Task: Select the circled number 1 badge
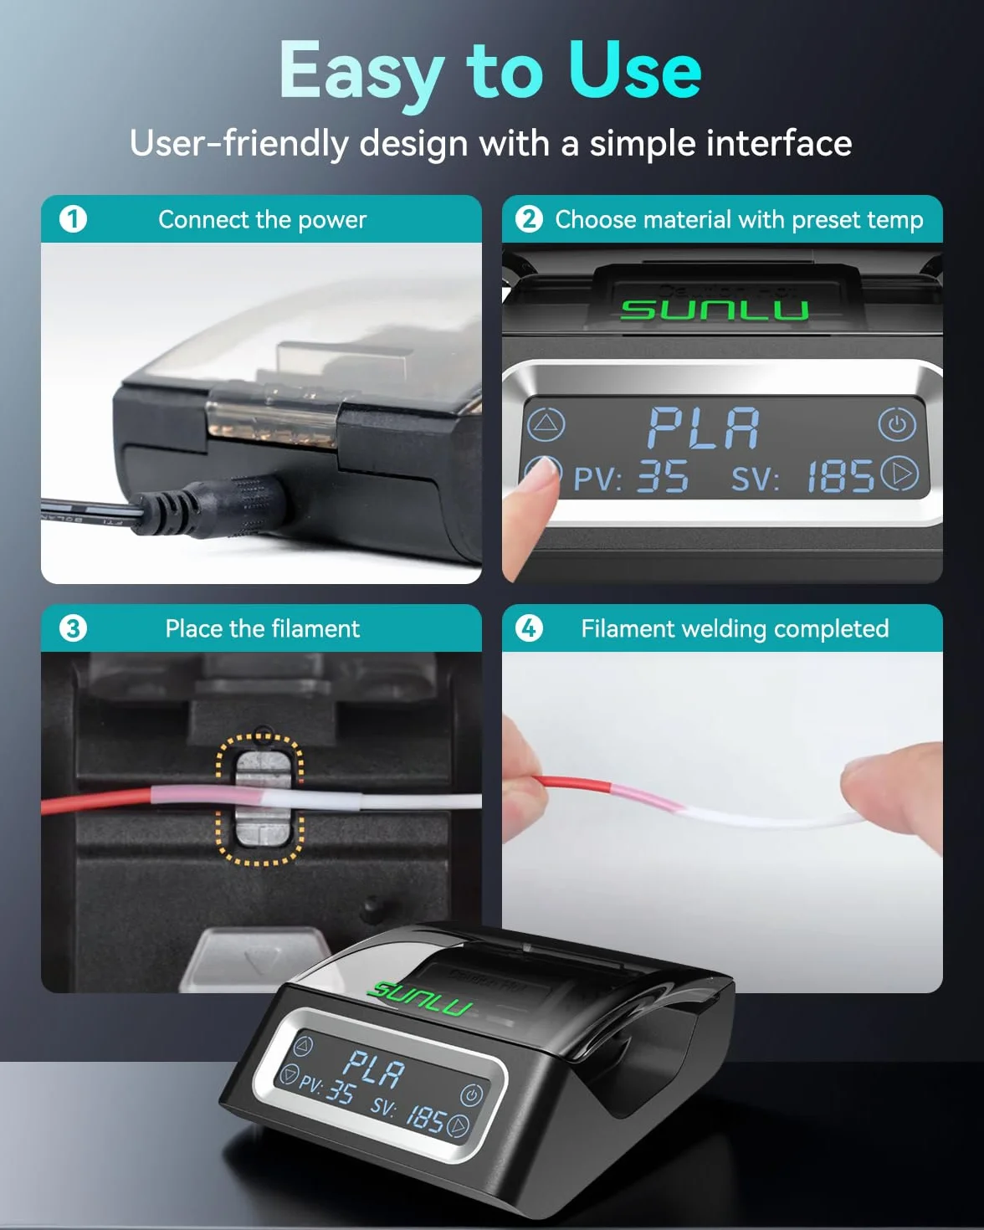pyautogui.click(x=73, y=219)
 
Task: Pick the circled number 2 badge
pyautogui.click(x=529, y=219)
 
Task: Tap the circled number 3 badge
pyautogui.click(x=73, y=628)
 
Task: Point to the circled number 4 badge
pyautogui.click(x=529, y=628)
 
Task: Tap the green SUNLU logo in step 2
pyautogui.click(x=715, y=310)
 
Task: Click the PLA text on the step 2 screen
pyautogui.click(x=704, y=428)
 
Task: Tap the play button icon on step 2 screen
pyautogui.click(x=899, y=474)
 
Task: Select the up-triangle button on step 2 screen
pyautogui.click(x=546, y=424)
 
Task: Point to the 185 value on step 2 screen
pyautogui.click(x=840, y=477)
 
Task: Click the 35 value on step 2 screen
pyautogui.click(x=664, y=477)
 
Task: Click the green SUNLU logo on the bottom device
pyautogui.click(x=420, y=998)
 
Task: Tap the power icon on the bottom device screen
pyautogui.click(x=472, y=1095)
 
